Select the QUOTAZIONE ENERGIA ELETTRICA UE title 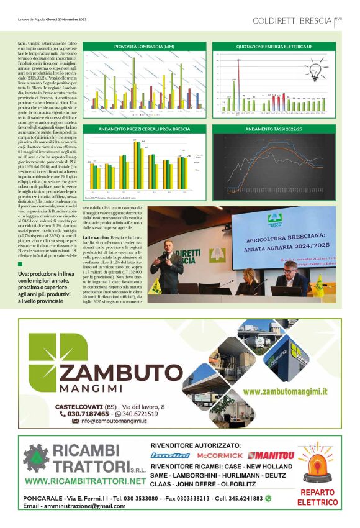click(273, 47)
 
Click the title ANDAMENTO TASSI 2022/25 click(273, 129)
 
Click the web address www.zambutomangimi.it click(284, 391)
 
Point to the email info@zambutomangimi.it click(109, 421)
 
